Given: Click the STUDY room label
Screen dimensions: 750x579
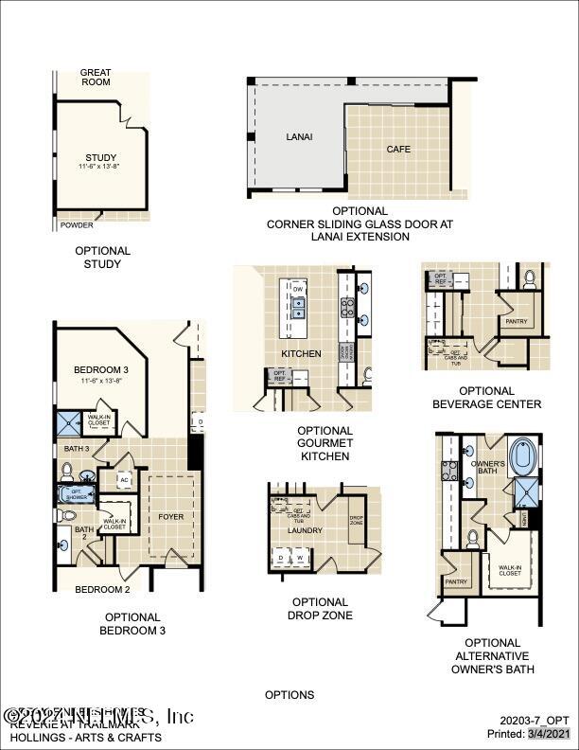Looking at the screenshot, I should point(99,157).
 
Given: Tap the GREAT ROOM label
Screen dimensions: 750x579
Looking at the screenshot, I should point(95,77).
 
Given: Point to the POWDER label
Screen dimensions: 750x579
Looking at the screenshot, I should point(77,225).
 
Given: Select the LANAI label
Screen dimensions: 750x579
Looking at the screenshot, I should point(299,137).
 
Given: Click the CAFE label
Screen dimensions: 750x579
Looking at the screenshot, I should point(398,150).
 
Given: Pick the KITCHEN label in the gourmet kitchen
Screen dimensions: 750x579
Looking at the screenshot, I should point(301,353).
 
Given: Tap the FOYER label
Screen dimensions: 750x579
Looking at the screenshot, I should point(171,517).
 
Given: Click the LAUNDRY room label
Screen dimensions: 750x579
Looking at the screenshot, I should point(305,531).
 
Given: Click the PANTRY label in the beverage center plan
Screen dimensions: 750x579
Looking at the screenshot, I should point(518,322).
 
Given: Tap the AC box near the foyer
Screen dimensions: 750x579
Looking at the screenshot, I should point(124,480).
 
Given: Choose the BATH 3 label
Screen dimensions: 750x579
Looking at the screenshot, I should point(77,448).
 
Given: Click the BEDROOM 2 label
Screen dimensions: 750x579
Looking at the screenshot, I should point(102,589).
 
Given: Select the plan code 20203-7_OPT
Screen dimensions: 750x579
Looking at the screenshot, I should point(535,721).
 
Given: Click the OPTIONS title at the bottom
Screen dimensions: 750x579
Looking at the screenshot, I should point(289,695).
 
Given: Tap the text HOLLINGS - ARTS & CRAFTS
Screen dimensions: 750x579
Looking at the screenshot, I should point(85,737).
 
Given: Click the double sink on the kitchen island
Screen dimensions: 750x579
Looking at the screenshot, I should point(298,308).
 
